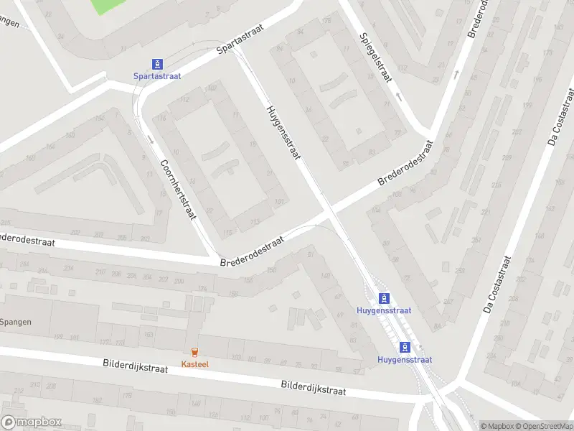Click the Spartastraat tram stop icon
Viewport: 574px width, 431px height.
pos(156,64)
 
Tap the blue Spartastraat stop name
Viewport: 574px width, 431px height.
pos(156,75)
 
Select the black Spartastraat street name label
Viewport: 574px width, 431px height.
pos(240,39)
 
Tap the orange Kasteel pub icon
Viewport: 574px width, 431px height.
pos(194,351)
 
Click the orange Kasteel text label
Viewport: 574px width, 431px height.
pos(194,363)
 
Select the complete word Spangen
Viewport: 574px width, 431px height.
pos(16,322)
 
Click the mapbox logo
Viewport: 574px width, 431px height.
pos(32,422)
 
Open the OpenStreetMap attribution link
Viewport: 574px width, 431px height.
pos(543,426)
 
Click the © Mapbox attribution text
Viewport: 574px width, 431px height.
pos(497,426)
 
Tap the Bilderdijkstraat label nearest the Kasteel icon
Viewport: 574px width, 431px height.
pos(135,367)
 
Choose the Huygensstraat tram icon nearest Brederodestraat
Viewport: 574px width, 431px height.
pos(385,298)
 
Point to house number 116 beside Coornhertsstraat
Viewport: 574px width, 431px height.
pos(162,118)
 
